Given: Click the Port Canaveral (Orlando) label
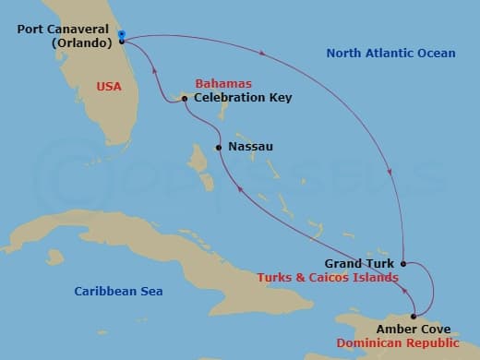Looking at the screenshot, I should point(65,35).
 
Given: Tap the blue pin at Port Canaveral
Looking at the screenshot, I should point(122,35).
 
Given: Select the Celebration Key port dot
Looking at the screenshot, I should point(185,99).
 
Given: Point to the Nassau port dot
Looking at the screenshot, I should point(218,147).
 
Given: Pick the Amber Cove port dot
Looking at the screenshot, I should point(413,317).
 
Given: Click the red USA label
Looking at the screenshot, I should point(109,88).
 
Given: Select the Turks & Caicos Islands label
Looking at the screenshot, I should point(327,277).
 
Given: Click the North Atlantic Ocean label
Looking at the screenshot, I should point(390,54).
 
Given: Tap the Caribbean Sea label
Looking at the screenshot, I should point(118,292).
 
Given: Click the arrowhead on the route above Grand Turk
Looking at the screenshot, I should point(395,177).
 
